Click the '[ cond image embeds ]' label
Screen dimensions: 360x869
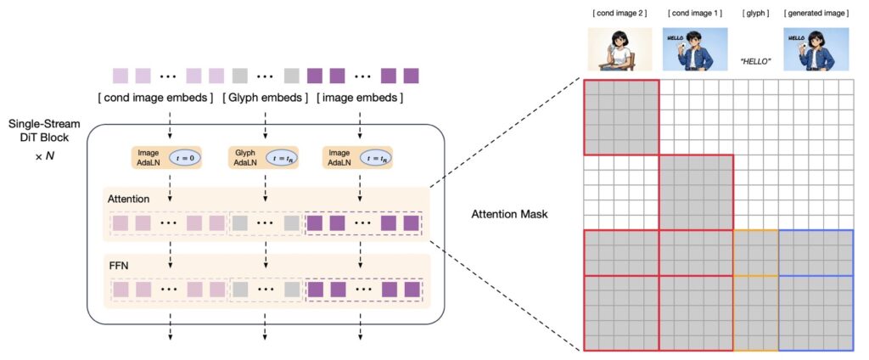(x=156, y=98)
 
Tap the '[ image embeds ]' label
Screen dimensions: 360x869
(x=359, y=98)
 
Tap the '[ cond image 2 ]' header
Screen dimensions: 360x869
(x=620, y=14)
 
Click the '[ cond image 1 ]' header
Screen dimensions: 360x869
(x=695, y=14)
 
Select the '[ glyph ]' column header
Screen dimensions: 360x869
(x=754, y=14)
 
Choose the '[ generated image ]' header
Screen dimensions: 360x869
(x=816, y=14)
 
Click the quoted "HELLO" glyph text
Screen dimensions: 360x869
(x=755, y=61)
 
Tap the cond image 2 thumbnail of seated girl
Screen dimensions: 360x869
(x=620, y=48)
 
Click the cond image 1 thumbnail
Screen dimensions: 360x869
(x=696, y=48)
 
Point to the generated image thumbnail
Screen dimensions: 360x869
(x=816, y=48)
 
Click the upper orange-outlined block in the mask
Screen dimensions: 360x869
(x=755, y=252)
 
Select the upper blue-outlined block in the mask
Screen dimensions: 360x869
(x=816, y=252)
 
